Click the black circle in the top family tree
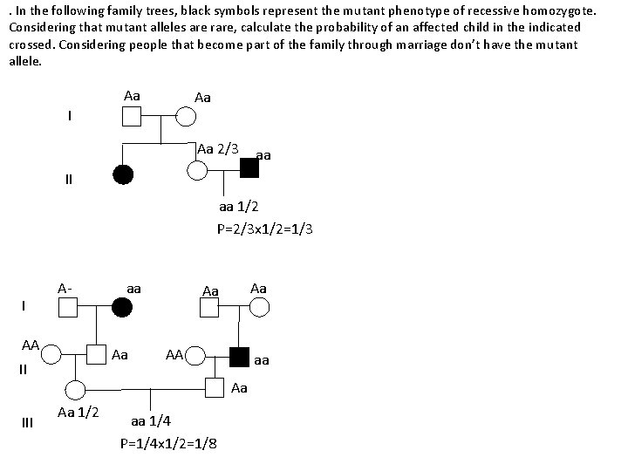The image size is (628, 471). tap(124, 174)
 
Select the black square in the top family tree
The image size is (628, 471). tap(249, 168)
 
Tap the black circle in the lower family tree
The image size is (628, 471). tap(123, 306)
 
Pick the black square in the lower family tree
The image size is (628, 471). tap(240, 356)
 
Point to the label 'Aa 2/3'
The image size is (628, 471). tap(218, 148)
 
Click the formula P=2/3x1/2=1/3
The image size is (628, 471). tap(265, 229)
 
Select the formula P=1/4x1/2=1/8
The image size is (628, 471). tap(168, 442)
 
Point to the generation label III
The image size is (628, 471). tap(27, 423)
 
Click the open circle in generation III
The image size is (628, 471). tap(76, 388)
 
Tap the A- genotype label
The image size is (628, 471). tap(65, 288)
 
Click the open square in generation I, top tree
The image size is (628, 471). tap(132, 116)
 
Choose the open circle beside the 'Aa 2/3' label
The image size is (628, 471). tap(199, 169)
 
